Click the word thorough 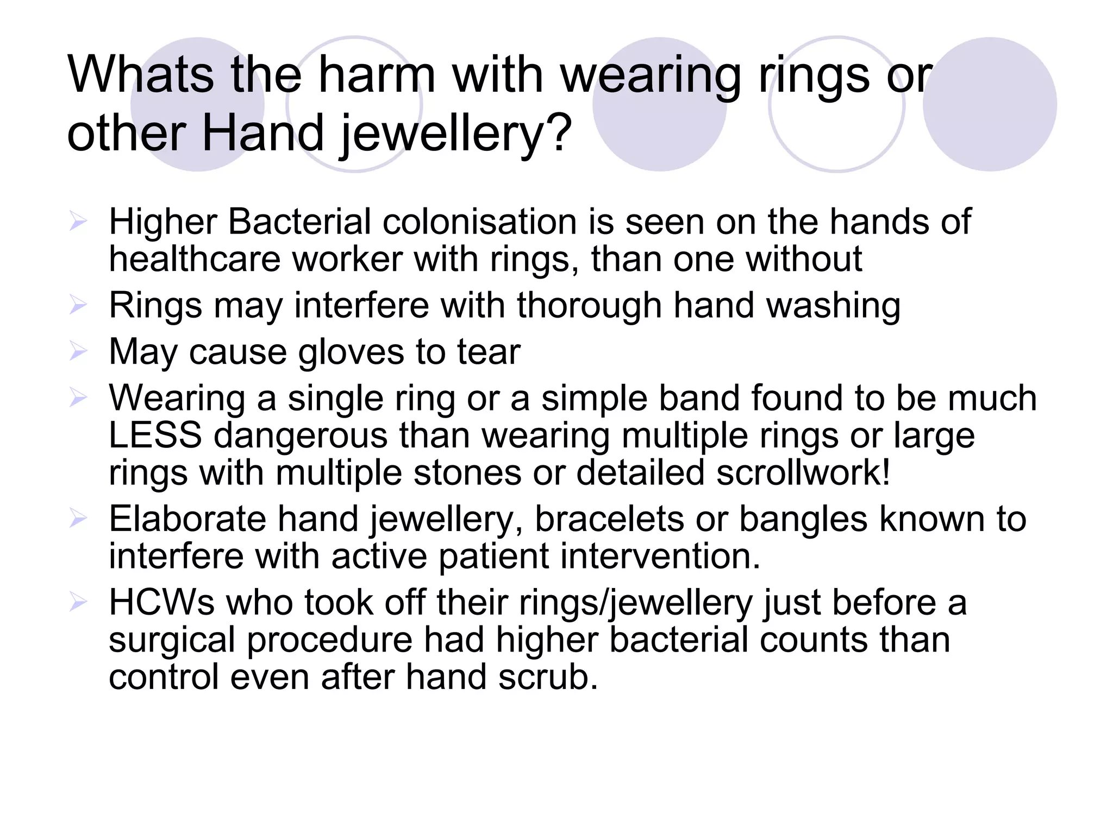(x=589, y=305)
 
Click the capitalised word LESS (x=155, y=435)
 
